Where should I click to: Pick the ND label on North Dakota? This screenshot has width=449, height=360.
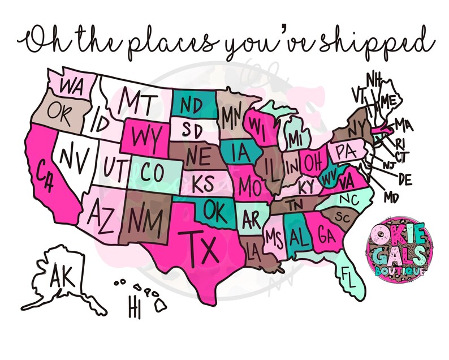(192, 105)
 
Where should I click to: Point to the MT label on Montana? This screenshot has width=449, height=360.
(139, 102)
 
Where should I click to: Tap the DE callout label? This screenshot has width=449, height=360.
(405, 180)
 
